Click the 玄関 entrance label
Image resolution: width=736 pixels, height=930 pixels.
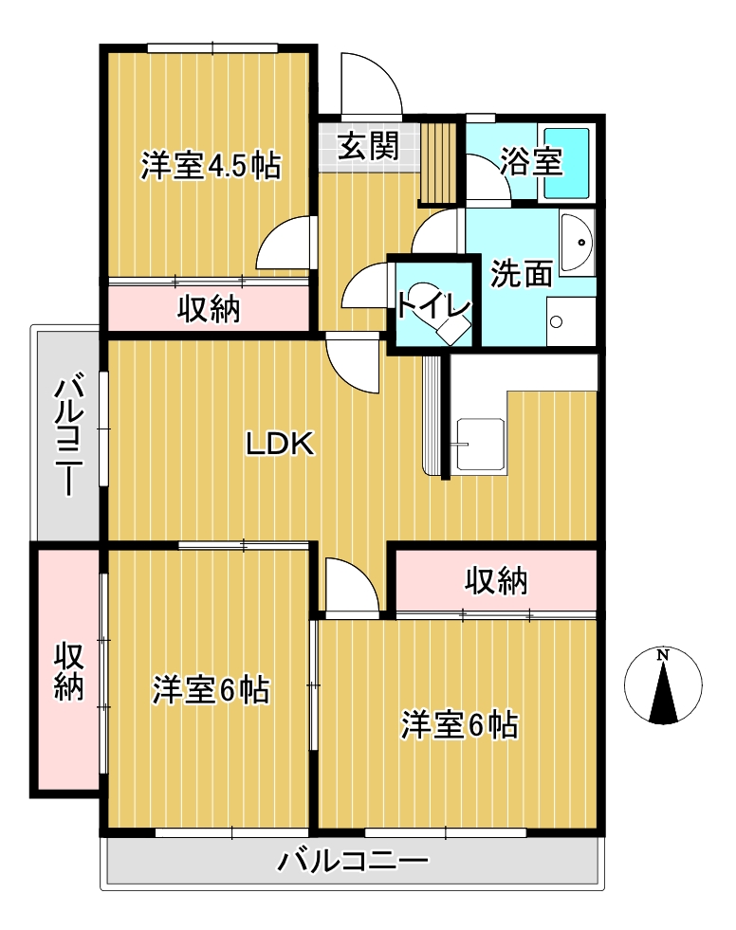point(368,146)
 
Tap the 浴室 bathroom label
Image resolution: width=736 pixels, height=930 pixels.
point(530,161)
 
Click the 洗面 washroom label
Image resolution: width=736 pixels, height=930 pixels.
point(521,273)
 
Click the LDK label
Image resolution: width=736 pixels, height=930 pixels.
point(280,444)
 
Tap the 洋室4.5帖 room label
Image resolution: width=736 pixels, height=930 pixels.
point(211,166)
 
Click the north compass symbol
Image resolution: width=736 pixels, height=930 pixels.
point(663,685)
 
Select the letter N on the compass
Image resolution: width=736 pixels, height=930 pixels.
point(663,655)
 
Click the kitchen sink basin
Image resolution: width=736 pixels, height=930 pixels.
point(481,445)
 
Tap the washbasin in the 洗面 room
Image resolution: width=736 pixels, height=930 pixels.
point(577,242)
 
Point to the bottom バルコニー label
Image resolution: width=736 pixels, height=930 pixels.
point(353,861)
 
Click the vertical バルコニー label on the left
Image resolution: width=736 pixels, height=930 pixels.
point(69,433)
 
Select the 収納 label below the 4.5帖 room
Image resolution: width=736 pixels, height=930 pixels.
point(209,309)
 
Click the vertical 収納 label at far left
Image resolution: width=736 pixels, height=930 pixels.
point(69,671)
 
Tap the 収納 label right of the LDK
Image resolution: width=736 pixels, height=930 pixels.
point(496,580)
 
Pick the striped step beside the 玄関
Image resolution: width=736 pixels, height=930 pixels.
point(438,163)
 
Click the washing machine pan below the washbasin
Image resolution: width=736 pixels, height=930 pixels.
point(571,321)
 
